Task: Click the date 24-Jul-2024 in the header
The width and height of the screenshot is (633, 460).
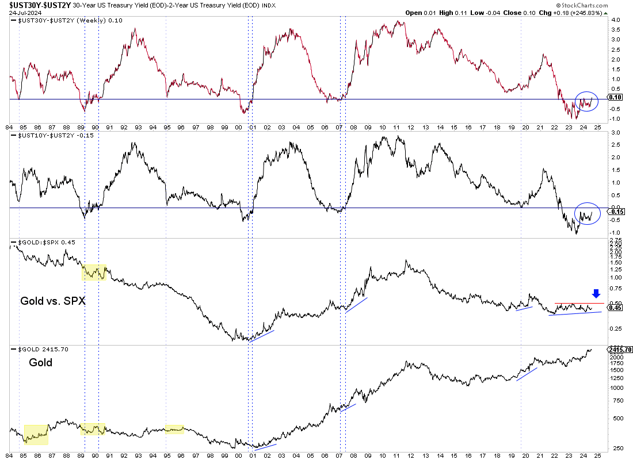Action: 24,13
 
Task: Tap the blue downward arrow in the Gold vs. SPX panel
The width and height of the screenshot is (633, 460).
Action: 596,293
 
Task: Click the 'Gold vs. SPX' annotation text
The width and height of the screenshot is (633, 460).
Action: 53,300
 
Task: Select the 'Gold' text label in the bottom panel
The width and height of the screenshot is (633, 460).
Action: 40,363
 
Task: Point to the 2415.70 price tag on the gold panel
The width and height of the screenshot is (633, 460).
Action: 620,349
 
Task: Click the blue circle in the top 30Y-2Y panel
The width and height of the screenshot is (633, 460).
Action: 586,102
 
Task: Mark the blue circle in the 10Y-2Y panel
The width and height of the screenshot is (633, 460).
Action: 588,214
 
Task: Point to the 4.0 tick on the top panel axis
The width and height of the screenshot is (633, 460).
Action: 615,20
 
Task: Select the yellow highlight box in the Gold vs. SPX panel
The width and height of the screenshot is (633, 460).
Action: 94,272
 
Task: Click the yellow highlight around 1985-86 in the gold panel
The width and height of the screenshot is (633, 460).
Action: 36,434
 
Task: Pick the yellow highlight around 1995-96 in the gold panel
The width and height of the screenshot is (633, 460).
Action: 174,429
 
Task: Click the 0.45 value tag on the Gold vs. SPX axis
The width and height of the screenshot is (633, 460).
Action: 615,308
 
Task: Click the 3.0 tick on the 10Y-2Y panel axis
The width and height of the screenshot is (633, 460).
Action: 615,133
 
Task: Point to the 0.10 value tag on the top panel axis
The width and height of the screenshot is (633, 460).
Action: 615,98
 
